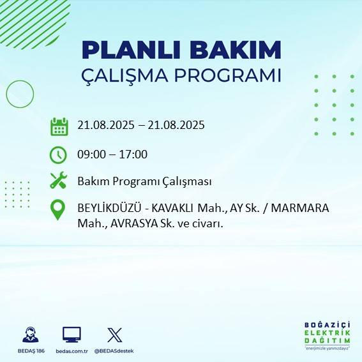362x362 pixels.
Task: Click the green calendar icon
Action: (59, 126)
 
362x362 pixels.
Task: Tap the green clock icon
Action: (58, 155)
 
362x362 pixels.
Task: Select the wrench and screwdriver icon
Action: (58, 181)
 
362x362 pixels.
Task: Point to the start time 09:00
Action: (91, 154)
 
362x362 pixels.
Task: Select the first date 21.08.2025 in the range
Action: (105, 125)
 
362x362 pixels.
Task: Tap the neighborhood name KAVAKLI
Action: (173, 209)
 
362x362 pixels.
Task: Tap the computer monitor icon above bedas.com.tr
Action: (72, 335)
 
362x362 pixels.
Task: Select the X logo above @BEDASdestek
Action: (115, 335)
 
